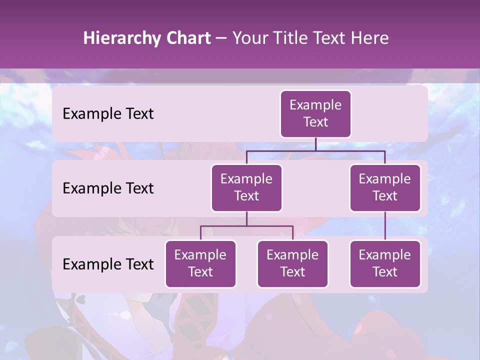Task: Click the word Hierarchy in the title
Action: coord(122,38)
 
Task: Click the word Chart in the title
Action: coord(188,38)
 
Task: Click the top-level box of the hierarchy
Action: coord(315,114)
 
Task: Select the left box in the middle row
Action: coord(246,188)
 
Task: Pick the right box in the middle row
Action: coord(385,188)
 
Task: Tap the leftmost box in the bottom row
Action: coord(200,264)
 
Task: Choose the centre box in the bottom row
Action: coord(292,264)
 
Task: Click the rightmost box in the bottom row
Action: coord(385,264)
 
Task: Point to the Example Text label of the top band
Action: coord(108,114)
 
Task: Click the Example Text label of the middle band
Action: coord(108,188)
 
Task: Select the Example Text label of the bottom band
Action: coord(108,264)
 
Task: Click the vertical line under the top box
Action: coord(315,144)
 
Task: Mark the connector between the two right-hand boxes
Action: coord(385,226)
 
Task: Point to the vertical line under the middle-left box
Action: coord(246,218)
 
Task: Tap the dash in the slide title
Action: coord(221,38)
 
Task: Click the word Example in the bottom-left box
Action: coord(200,255)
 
